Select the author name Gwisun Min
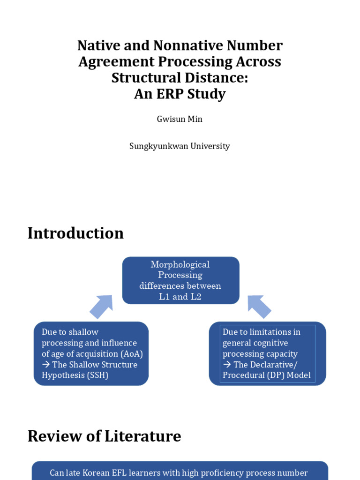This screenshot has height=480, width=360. click(x=180, y=119)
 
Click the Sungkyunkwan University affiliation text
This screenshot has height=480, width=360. click(x=180, y=146)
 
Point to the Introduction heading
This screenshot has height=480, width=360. click(x=75, y=233)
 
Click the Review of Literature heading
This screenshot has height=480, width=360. click(x=104, y=436)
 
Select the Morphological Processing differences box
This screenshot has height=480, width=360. click(x=180, y=280)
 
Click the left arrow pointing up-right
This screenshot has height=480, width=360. click(x=101, y=307)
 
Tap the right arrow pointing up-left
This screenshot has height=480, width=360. click(x=259, y=307)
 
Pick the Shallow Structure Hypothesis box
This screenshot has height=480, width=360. click(x=91, y=353)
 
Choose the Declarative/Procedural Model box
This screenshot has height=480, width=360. click(x=267, y=353)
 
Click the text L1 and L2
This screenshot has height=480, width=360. click(x=180, y=297)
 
